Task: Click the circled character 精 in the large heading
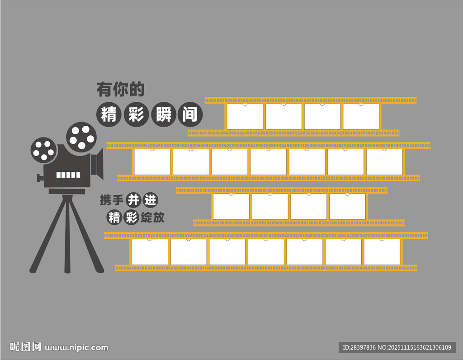(x=109, y=114)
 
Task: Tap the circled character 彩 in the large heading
(x=136, y=114)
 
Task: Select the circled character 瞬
(x=164, y=114)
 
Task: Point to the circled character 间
(x=190, y=114)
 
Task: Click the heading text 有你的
(x=120, y=89)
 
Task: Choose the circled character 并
(x=133, y=200)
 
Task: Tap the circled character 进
(x=150, y=200)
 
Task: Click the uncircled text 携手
(x=112, y=200)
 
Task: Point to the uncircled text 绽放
(x=152, y=218)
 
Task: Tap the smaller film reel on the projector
(x=44, y=150)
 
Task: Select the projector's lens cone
(x=97, y=164)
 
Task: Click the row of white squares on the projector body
(x=68, y=175)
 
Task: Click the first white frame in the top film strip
(x=245, y=117)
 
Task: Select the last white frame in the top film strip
(x=361, y=117)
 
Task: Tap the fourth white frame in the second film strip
(x=268, y=162)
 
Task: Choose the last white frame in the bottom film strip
(x=382, y=252)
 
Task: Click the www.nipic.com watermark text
(x=76, y=348)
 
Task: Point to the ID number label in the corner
(x=397, y=347)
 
